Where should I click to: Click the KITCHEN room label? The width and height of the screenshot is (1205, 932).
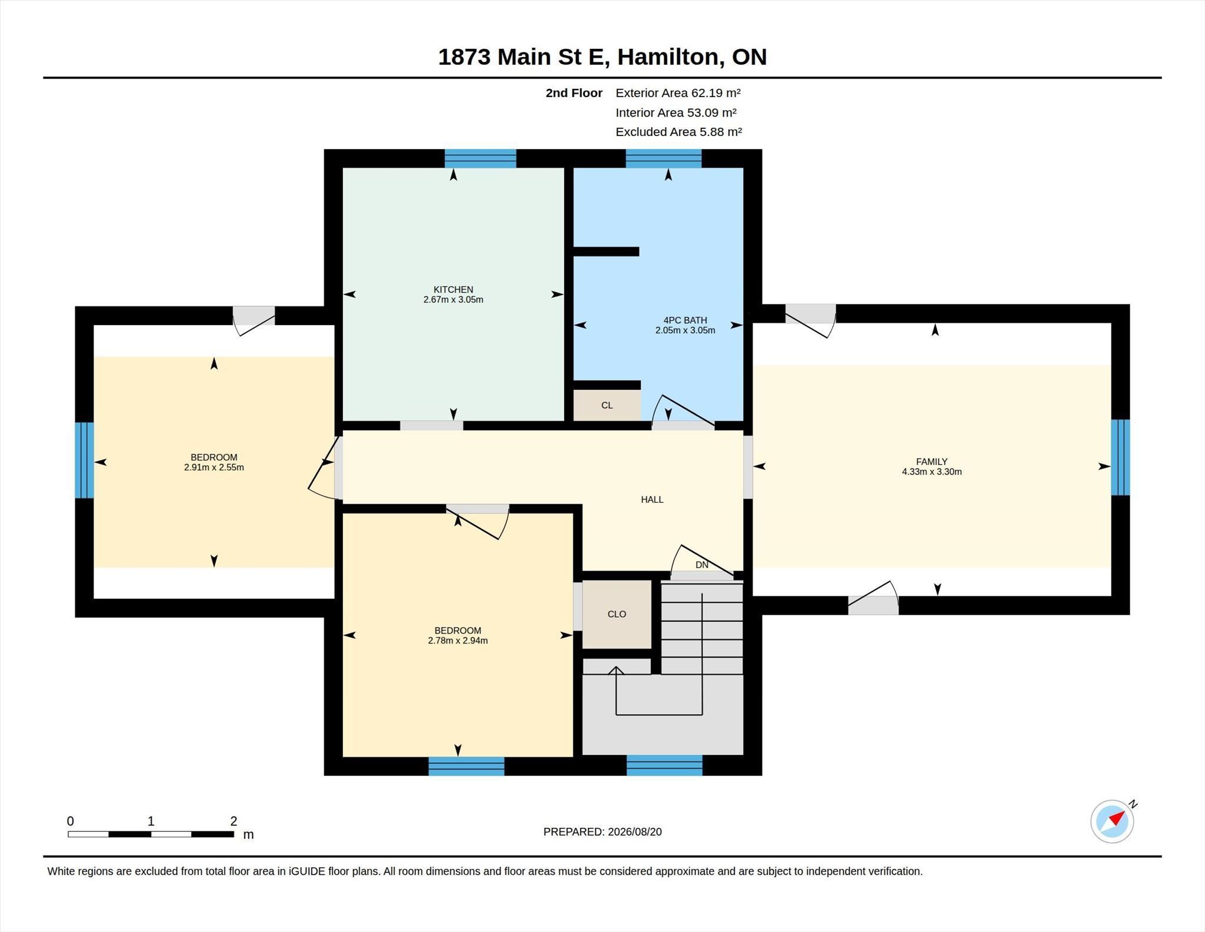coord(453,290)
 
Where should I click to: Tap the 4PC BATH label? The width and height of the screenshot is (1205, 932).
coord(685,320)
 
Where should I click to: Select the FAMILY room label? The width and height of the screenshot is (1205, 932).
coord(931,462)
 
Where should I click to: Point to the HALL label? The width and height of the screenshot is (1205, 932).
coord(652,499)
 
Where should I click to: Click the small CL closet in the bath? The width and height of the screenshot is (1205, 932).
coord(607,405)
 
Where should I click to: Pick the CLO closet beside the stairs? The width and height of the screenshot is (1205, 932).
coord(617,614)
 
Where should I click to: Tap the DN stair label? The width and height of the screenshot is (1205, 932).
coord(702,565)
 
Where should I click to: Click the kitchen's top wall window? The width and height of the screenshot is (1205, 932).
coord(480,159)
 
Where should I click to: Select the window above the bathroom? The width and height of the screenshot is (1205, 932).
coord(664,159)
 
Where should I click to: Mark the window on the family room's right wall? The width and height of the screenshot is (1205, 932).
coord(1120,457)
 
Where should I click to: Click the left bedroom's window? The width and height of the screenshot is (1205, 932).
coord(85,460)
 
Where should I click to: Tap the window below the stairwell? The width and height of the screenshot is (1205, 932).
coord(664,765)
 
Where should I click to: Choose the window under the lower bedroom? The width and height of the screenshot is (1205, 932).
coord(467,766)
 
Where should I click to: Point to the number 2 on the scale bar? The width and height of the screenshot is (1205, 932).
coord(234,821)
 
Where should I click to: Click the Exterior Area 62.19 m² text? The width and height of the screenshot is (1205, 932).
coord(678,92)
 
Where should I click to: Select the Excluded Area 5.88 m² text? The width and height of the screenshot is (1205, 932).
coord(678,132)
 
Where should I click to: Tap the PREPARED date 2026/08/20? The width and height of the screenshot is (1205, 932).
coord(635,832)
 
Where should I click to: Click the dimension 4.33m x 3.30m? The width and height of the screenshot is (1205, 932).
coord(932,472)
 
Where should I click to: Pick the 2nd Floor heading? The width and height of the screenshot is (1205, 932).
coord(574,93)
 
